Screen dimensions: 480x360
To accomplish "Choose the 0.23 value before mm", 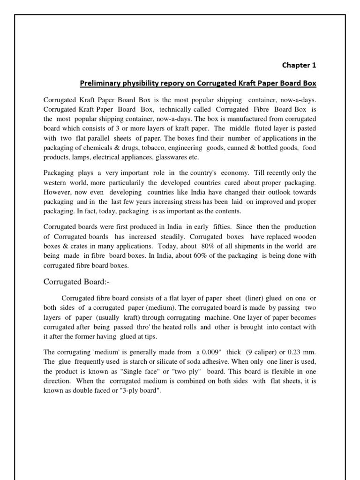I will click(294, 351).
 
